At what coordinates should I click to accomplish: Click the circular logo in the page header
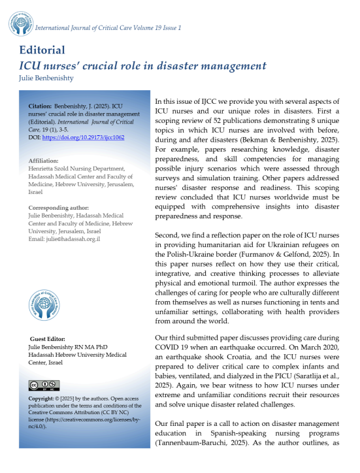(x=20, y=23)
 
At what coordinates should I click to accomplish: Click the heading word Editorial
(x=42, y=50)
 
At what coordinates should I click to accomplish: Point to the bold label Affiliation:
(x=47, y=160)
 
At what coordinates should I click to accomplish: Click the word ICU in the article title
(x=30, y=65)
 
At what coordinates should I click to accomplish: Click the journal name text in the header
(x=108, y=27)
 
